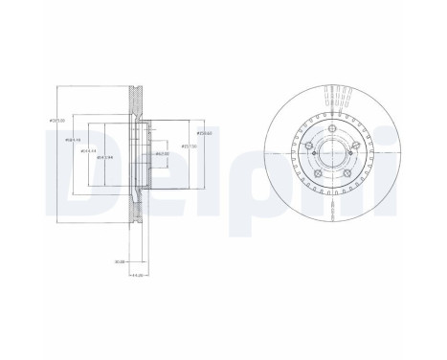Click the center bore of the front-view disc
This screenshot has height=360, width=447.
pyautogui.click(x=333, y=158)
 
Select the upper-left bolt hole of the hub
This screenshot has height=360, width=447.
pyautogui.click(x=311, y=146)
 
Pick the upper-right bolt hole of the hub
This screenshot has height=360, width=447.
pyautogui.click(x=356, y=146)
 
